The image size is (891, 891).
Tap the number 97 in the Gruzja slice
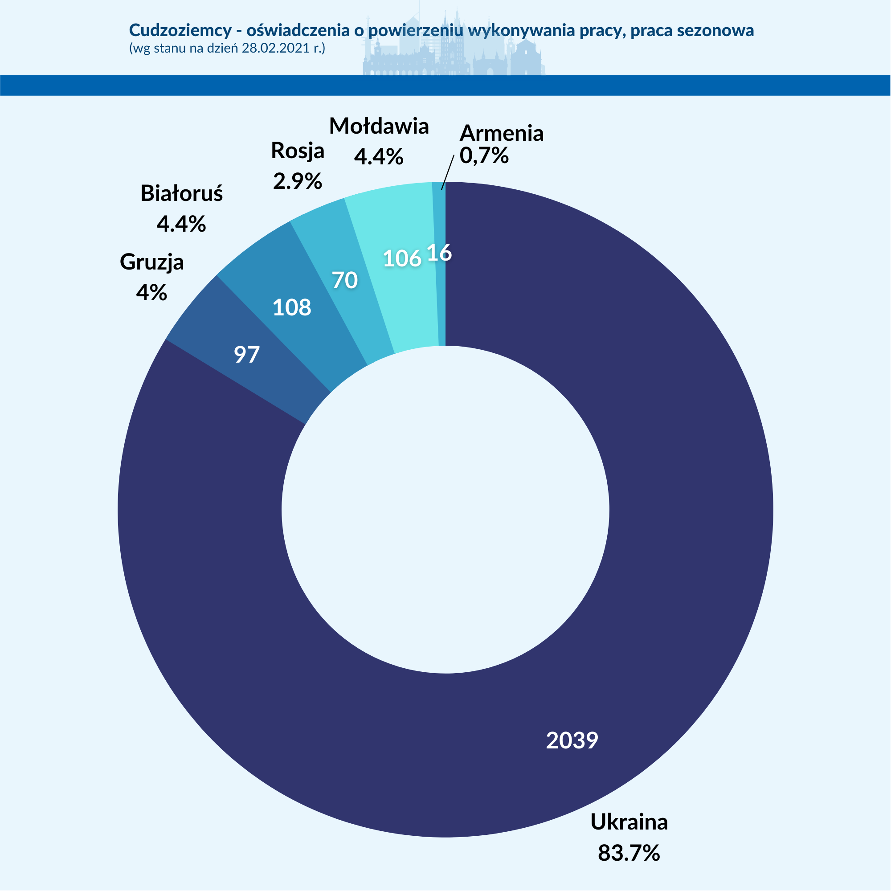[247, 355]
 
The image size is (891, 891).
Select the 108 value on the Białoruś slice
[291, 307]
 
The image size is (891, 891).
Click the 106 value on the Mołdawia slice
[402, 259]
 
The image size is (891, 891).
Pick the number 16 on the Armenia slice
[439, 253]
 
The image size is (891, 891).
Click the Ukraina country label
[629, 822]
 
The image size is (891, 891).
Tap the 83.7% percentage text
[629, 853]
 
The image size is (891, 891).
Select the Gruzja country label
[152, 262]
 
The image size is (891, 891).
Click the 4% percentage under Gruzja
[151, 292]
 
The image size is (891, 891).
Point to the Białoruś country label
[181, 193]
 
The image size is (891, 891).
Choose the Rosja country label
[298, 150]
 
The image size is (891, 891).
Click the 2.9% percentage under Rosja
[297, 181]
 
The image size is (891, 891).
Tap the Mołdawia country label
[379, 126]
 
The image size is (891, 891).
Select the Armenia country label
[501, 133]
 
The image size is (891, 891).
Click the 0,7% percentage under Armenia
[484, 156]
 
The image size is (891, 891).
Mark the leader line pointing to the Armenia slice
[447, 172]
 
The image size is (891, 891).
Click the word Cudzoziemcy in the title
[180, 30]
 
